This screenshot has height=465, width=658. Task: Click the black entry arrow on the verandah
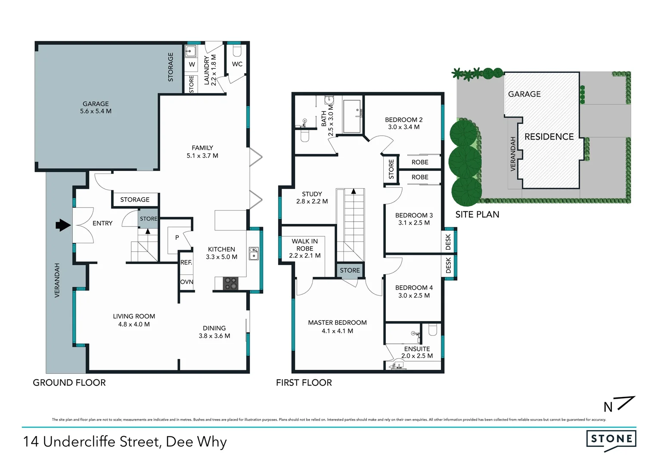coord(63,225)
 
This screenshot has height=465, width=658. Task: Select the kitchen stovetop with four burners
coord(230,283)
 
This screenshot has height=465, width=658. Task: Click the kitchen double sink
coord(254,254)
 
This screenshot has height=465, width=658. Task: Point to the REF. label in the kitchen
coord(186,262)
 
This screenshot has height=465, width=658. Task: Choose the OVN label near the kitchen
coord(186,282)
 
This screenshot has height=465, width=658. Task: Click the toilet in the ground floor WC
coord(237,51)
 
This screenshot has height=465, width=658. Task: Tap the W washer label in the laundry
coord(192,65)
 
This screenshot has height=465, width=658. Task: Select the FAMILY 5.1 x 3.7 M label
coord(202,152)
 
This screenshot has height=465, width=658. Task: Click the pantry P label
coord(177,238)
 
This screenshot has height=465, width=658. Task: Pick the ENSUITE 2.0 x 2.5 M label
coord(417,352)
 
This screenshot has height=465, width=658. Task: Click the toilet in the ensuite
coord(433,330)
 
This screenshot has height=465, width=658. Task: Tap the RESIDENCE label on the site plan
coord(549,137)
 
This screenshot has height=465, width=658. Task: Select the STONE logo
coord(611,439)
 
